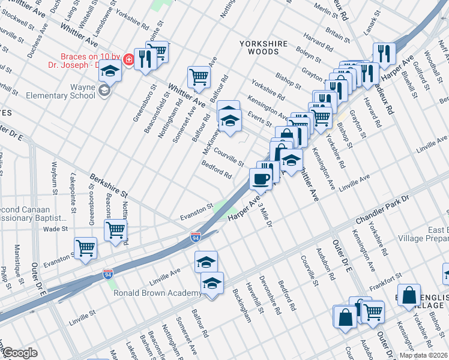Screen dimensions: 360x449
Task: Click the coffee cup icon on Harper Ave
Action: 261,179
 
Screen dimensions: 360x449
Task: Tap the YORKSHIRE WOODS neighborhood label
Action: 264,44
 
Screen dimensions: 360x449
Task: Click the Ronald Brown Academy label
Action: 158,293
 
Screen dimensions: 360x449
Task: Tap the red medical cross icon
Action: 128,59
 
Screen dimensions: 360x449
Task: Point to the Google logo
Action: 19,353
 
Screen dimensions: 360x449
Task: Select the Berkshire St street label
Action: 109,187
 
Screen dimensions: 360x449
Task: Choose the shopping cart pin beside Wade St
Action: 115,229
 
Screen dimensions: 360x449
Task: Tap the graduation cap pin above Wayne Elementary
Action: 110,71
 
